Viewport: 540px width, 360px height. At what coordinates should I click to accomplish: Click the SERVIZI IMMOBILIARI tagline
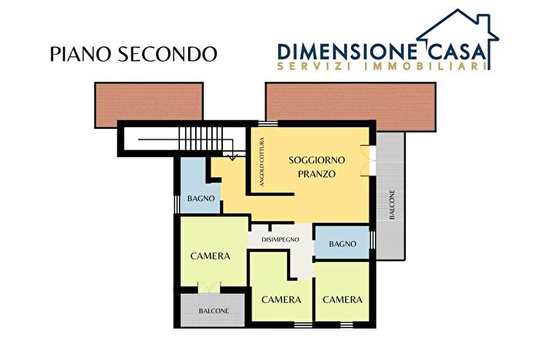point(381,67)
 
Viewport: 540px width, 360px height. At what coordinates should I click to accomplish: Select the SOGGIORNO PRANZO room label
point(317,167)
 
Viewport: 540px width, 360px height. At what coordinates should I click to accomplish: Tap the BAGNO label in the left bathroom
point(201,199)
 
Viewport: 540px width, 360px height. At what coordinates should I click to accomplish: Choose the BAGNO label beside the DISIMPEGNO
point(343,244)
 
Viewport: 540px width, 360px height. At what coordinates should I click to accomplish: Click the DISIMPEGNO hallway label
point(280,240)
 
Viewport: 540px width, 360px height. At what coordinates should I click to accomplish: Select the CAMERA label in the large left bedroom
point(211,256)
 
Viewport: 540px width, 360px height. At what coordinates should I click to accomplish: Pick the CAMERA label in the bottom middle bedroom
point(281,299)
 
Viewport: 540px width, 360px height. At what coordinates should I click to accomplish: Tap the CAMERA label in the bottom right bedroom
point(343,299)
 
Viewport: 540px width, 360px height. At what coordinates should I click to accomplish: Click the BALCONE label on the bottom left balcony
point(214,311)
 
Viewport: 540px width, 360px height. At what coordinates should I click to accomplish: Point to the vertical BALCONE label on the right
point(392,205)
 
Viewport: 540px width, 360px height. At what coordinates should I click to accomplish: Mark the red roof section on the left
point(149,104)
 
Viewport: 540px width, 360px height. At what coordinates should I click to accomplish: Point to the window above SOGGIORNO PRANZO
point(268,123)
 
